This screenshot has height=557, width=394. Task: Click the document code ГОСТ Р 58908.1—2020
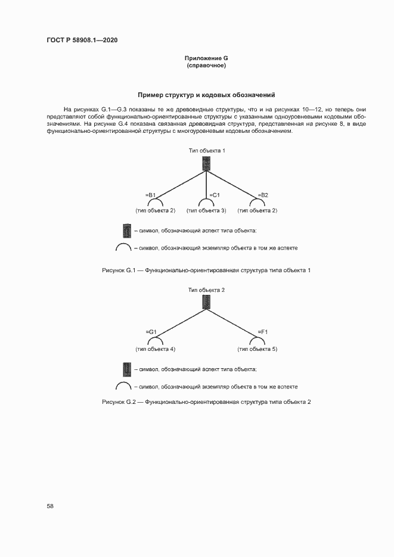82,41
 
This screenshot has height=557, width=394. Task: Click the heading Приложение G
206,58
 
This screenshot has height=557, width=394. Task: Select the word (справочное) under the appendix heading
206,65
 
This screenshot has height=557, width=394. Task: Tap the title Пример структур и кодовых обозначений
206,95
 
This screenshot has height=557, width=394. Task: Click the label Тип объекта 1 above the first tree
206,151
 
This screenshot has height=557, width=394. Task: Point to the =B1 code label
151,195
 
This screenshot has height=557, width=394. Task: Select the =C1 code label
215,195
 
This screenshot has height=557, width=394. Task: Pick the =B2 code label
263,195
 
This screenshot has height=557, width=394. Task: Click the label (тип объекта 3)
206,211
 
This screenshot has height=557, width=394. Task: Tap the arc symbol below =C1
206,203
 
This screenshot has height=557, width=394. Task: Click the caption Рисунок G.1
206,270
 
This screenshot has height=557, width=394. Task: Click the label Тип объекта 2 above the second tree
206,290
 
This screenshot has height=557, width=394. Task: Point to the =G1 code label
151,332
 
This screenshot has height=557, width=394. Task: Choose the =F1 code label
263,332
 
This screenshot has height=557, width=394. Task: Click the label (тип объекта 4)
155,348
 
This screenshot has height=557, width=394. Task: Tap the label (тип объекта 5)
258,348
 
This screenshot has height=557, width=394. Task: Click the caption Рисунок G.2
206,402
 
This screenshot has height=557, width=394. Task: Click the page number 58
50,506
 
